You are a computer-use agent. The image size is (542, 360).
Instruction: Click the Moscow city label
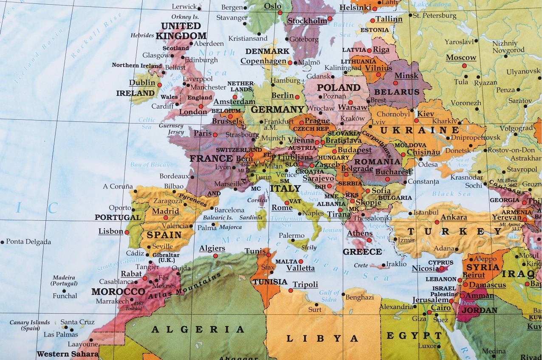pyautogui.click(x=461, y=58)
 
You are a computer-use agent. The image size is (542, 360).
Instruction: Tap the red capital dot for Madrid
pyautogui.click(x=166, y=218)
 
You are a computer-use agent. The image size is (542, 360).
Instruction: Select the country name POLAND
pyautogui.click(x=339, y=88)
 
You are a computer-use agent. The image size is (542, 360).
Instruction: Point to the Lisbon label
pyautogui.click(x=110, y=231)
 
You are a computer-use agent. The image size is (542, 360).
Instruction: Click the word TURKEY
pyautogui.click(x=455, y=231)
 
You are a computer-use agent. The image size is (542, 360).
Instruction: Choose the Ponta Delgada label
pyautogui.click(x=28, y=242)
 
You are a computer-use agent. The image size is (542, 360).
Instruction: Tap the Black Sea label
pyautogui.click(x=452, y=194)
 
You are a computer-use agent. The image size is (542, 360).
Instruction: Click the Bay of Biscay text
pyautogui.click(x=150, y=165)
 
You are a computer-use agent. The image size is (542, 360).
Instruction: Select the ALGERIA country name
pyautogui.click(x=198, y=329)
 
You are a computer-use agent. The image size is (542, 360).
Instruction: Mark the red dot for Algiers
pyautogui.click(x=215, y=256)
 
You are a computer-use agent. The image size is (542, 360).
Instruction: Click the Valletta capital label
pyautogui.click(x=300, y=268)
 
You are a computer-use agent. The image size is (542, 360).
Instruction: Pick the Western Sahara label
pyautogui.click(x=68, y=354)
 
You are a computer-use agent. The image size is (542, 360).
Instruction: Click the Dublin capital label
pyautogui.click(x=142, y=83)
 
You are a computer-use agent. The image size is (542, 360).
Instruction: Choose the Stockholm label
pyautogui.click(x=307, y=21)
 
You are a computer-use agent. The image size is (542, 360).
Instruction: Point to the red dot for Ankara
pyautogui.click(x=437, y=222)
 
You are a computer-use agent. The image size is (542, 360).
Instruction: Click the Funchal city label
pyautogui.click(x=65, y=296)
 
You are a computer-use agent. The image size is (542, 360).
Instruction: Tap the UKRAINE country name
pyautogui.click(x=419, y=130)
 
